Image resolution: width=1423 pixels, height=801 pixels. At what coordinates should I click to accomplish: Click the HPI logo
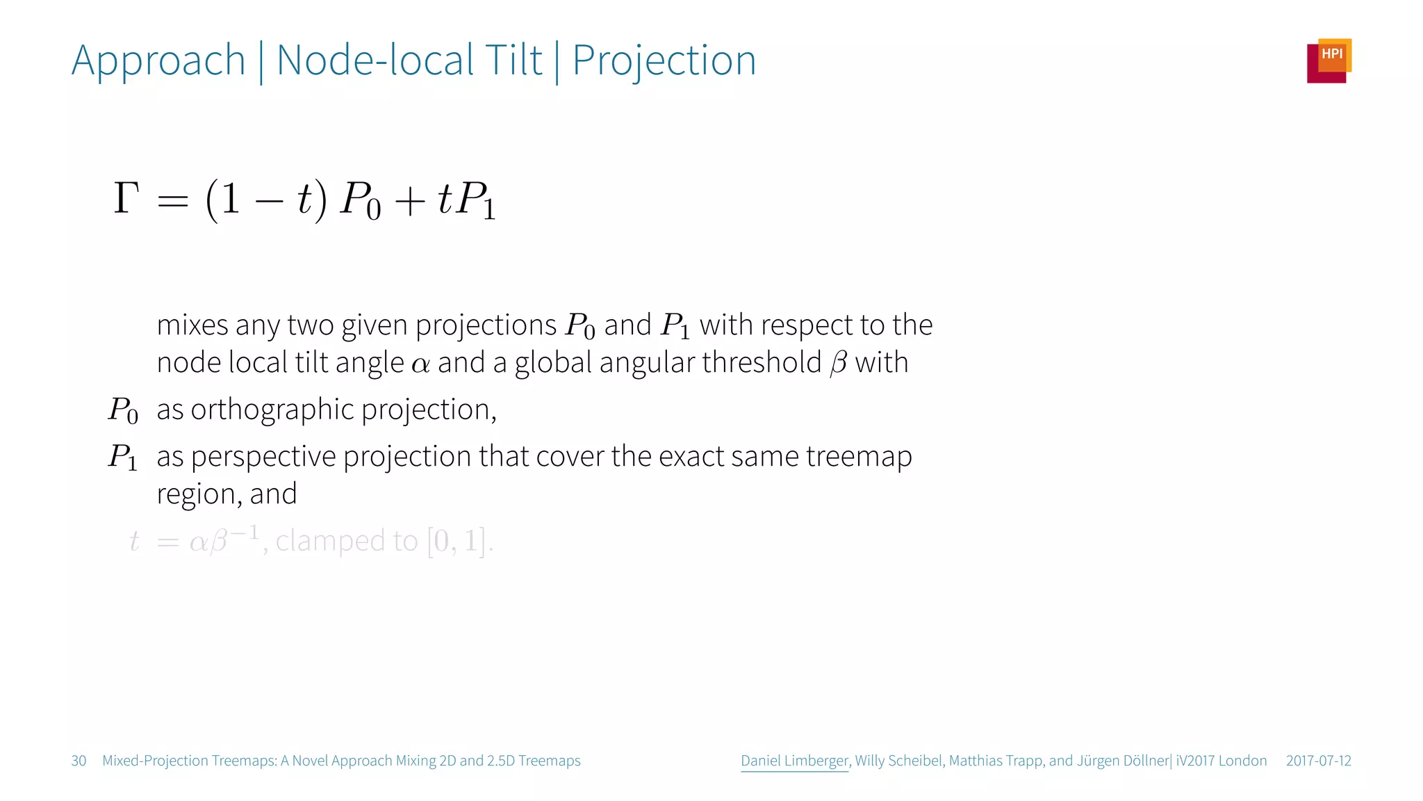1329,60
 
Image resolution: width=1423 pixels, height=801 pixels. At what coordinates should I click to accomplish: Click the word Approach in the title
158,61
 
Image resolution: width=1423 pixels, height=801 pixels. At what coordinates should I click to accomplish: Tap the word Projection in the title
664,61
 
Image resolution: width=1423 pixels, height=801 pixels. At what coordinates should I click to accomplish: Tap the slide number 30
79,761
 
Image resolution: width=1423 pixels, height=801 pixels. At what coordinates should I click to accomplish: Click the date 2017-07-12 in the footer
1318,761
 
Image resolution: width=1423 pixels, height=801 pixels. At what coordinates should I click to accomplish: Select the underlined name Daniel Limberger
794,761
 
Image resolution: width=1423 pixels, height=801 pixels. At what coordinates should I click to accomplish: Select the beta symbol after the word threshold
839,363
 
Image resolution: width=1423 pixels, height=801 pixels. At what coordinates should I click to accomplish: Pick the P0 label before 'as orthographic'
123,410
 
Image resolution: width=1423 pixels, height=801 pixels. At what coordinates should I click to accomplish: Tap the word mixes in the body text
192,325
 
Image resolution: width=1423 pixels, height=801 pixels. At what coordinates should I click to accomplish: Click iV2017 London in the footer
1221,761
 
